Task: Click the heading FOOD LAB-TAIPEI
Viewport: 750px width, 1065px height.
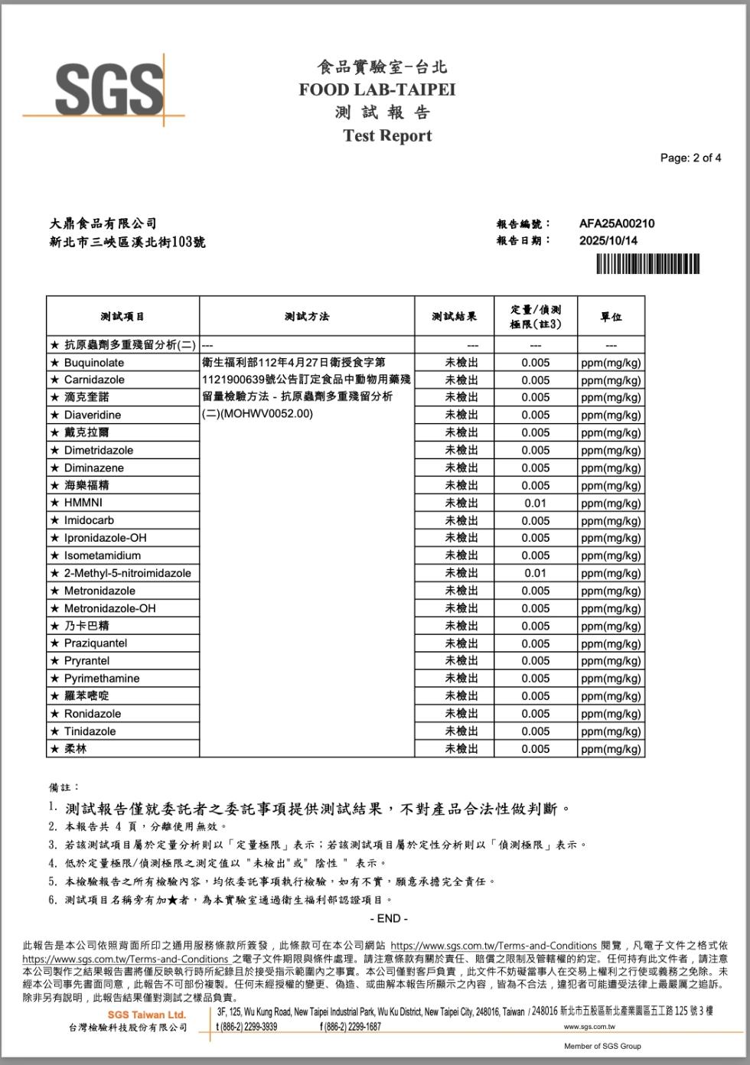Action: (x=377, y=90)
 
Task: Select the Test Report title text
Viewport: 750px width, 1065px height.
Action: (x=387, y=136)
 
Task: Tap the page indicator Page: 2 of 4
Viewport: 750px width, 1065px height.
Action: (x=690, y=158)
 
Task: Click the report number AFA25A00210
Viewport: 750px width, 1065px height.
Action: (x=616, y=223)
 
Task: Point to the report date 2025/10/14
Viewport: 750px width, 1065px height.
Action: (x=608, y=240)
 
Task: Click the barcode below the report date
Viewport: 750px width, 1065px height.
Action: (x=647, y=264)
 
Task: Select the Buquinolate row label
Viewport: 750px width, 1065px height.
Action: (x=93, y=363)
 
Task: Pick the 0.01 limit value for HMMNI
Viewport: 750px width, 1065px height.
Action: (x=535, y=503)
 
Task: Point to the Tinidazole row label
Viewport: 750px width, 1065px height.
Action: (x=90, y=731)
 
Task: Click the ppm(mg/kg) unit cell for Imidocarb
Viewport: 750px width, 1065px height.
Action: (x=611, y=521)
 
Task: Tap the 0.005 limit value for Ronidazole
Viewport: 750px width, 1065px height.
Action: (x=535, y=714)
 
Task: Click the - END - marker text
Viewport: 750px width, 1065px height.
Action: (x=389, y=918)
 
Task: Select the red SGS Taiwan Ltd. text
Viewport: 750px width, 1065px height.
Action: (x=146, y=1015)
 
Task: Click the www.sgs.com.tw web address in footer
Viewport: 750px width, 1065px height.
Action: (x=589, y=1027)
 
